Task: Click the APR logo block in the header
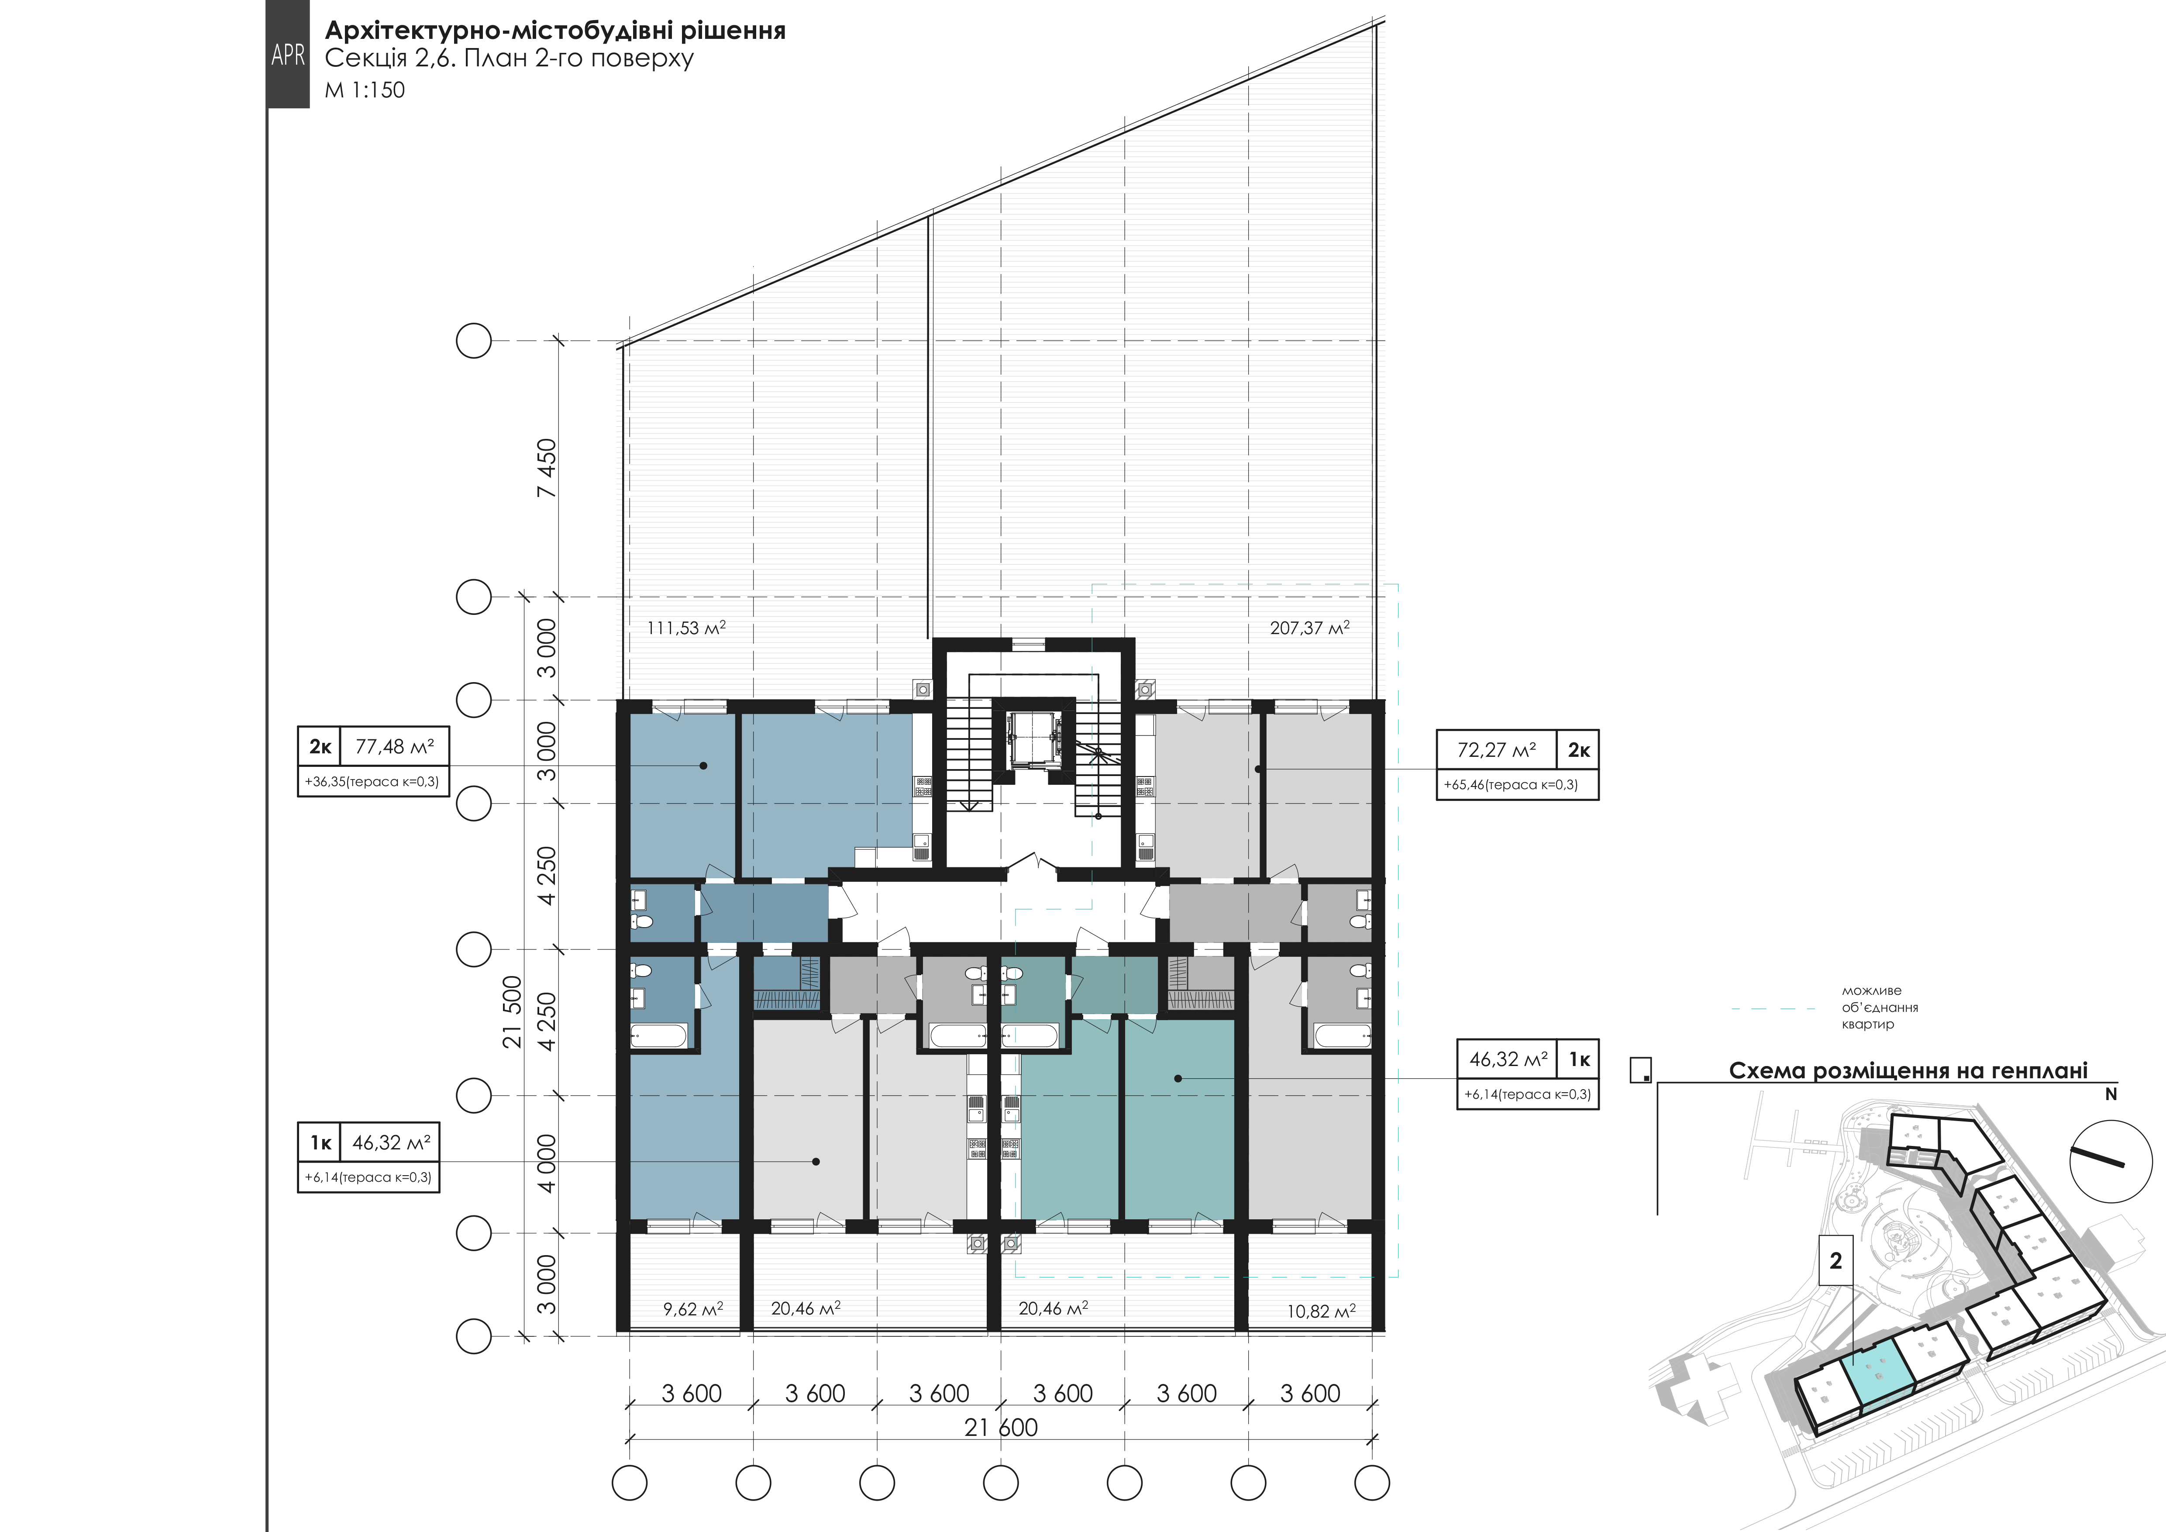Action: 288,54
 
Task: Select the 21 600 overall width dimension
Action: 1001,1427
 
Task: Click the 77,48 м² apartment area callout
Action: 394,747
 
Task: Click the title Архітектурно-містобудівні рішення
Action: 554,31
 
